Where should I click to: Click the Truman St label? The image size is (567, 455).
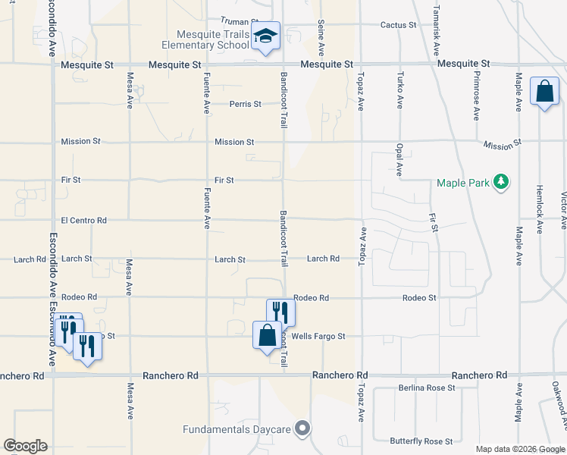[x=240, y=22]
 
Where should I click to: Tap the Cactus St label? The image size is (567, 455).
[x=398, y=25]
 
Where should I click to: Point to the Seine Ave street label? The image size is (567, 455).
[x=321, y=38]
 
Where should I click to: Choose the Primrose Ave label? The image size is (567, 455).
[x=477, y=96]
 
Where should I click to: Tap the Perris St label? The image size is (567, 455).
[x=246, y=104]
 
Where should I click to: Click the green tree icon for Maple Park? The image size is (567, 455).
[x=500, y=182]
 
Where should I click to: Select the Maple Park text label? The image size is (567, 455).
[x=462, y=183]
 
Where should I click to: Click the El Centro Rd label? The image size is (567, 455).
[x=83, y=221]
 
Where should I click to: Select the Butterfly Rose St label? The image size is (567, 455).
[x=421, y=441]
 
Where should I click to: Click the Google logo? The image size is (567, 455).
[x=26, y=446]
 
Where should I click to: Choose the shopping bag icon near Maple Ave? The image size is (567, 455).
[x=544, y=92]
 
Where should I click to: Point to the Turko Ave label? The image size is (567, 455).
[x=399, y=90]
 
